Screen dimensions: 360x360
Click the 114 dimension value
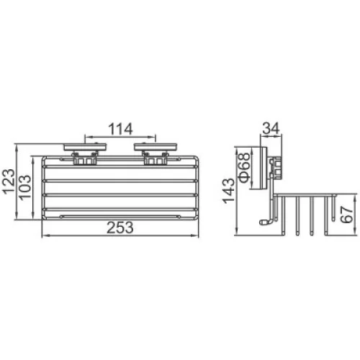[x=120, y=129]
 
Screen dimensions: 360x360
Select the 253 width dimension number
[x=120, y=228]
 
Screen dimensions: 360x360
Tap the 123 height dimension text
[x=9, y=181]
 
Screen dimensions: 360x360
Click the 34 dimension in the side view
[x=271, y=128]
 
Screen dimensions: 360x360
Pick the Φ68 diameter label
[x=245, y=168]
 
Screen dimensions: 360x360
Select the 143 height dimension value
[x=229, y=191]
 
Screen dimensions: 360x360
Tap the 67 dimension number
[x=347, y=215]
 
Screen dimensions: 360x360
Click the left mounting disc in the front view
[x=85, y=147]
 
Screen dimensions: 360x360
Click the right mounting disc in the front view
[x=156, y=147]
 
